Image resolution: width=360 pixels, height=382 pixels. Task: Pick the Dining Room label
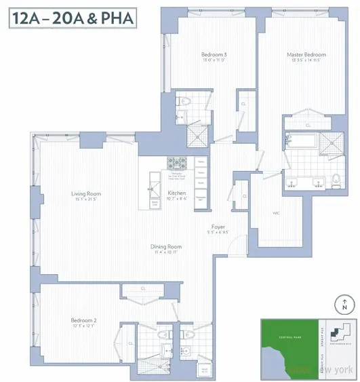(x=166, y=246)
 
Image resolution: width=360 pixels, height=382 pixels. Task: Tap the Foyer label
(x=218, y=227)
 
